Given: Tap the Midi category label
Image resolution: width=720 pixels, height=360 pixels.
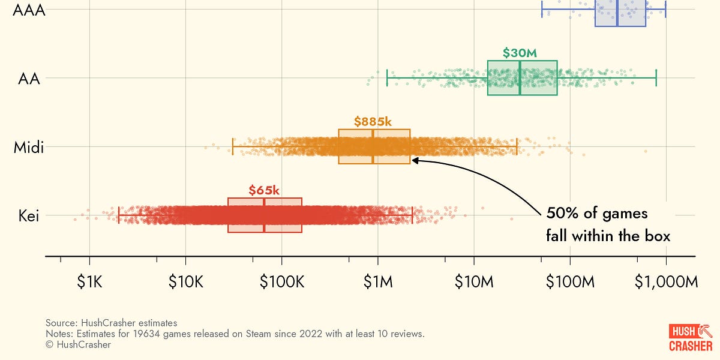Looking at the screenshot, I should [29, 147].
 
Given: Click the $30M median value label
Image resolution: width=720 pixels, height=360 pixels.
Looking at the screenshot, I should [520, 53].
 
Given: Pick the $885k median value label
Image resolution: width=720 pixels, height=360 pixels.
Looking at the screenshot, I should [373, 122].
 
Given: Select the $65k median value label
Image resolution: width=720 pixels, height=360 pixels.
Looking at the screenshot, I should [264, 191].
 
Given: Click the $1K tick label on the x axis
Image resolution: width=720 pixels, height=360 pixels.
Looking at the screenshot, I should [89, 282].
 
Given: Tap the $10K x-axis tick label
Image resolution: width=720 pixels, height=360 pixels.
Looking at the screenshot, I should [185, 282].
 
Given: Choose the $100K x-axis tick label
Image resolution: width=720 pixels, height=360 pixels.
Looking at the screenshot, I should [281, 282].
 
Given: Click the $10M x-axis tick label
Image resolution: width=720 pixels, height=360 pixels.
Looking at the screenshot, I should [474, 282].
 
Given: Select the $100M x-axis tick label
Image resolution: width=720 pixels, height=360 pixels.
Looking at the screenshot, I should [570, 282].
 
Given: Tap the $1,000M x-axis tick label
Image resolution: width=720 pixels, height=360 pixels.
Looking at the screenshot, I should [666, 282].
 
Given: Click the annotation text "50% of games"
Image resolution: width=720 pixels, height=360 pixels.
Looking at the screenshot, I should [596, 214].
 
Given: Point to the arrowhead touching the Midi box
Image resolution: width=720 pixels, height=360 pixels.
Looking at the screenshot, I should [415, 160].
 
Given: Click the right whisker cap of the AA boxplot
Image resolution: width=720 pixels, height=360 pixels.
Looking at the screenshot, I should [656, 78].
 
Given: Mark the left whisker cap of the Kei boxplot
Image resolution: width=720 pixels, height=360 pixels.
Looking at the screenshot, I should [119, 215].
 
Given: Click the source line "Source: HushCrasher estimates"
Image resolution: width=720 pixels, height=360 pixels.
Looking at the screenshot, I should [111, 323].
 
